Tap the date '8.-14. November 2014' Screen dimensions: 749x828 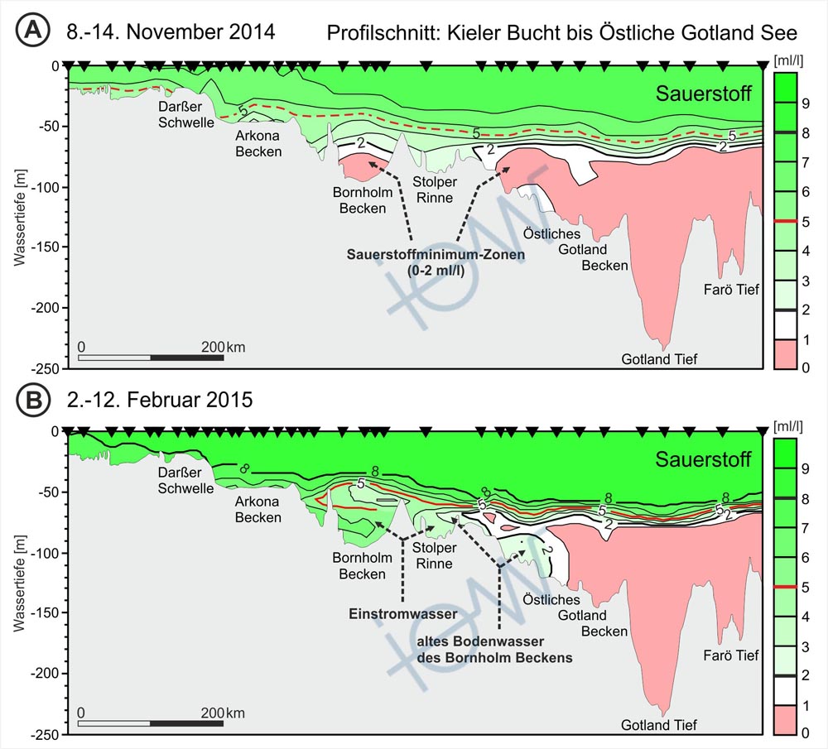(171, 32)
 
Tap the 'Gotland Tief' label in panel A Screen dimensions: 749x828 (660, 358)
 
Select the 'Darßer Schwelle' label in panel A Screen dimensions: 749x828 (187, 115)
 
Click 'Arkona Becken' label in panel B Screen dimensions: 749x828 (258, 510)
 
